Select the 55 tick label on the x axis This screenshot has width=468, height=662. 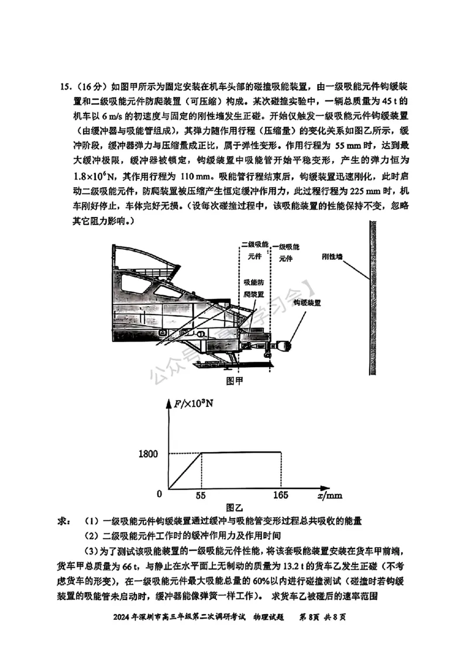coord(201,495)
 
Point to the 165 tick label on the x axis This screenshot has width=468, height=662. coord(282,495)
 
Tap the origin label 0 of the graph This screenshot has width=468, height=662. coord(159,494)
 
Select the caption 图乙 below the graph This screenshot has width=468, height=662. coord(234,507)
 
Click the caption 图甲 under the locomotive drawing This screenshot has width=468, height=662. coord(234,381)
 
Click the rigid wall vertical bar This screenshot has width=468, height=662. coord(373,298)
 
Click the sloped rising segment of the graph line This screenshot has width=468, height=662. coord(185,470)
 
